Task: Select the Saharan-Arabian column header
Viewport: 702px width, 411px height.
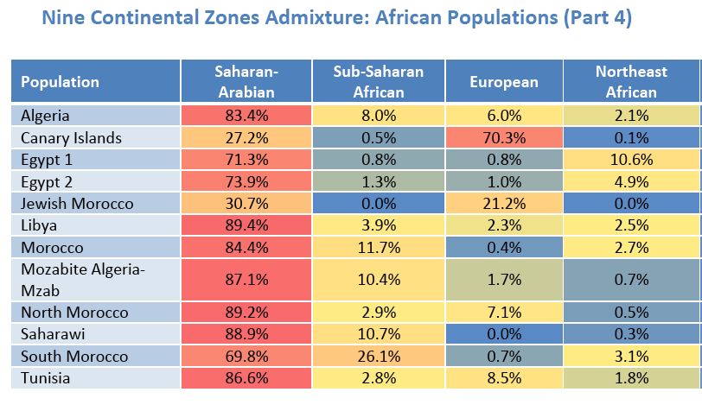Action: (x=245, y=82)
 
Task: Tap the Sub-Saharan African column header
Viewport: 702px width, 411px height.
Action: (x=378, y=82)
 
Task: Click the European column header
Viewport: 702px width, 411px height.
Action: (x=504, y=82)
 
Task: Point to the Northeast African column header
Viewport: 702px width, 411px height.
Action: (x=632, y=82)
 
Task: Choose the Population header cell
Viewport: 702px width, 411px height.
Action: (x=95, y=82)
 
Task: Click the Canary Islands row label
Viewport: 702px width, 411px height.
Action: (x=71, y=138)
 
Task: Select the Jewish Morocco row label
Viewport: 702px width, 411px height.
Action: (x=77, y=204)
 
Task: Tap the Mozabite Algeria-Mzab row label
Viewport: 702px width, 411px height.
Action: (x=83, y=280)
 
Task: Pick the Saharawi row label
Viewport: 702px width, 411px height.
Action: (x=52, y=334)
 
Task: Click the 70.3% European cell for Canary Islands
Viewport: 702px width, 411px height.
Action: (x=504, y=138)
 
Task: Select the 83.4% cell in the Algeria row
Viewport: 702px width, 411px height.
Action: (x=245, y=116)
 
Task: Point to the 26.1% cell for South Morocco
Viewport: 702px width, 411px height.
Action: (x=378, y=356)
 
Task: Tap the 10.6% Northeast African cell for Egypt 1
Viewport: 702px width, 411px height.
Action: (x=632, y=160)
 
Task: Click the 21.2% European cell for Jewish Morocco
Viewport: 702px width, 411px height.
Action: (x=504, y=204)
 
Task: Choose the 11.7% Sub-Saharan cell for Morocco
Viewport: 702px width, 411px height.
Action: (x=378, y=248)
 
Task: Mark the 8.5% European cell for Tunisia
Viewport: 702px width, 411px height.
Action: (x=504, y=378)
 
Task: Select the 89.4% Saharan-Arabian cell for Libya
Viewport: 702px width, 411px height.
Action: (x=245, y=225)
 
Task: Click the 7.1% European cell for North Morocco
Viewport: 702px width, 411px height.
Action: (x=504, y=313)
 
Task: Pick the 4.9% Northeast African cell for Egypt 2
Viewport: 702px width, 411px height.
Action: (x=632, y=182)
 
